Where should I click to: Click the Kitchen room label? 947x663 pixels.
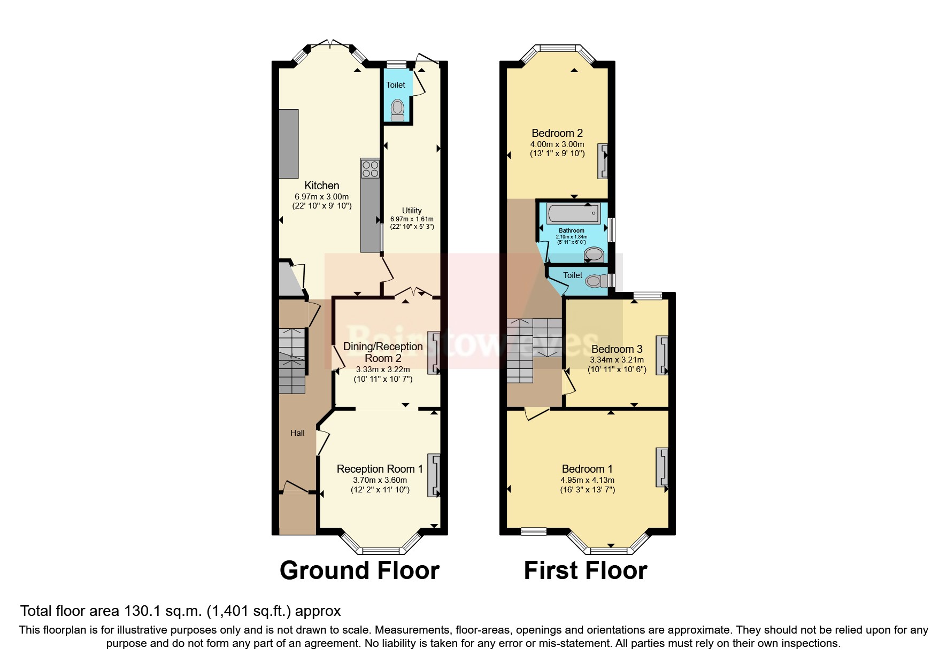pos(321,186)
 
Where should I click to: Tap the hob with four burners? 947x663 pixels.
pos(370,168)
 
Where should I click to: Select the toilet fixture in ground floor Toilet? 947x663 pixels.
pos(397,110)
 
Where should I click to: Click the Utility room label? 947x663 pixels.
pos(412,211)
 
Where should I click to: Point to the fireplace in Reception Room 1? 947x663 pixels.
pos(434,476)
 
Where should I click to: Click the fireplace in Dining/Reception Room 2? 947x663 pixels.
pos(434,353)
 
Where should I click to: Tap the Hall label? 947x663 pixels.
pos(297,433)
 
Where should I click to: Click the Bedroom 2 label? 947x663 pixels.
pos(557,133)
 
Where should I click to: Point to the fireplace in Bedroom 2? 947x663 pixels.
pos(603,160)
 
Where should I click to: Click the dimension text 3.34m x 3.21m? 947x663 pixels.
pos(617,360)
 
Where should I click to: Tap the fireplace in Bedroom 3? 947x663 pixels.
pos(662,355)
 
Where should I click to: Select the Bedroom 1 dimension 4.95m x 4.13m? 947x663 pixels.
pos(587,480)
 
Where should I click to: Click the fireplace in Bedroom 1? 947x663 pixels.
pos(662,467)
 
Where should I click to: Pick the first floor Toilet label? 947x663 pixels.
pos(573,275)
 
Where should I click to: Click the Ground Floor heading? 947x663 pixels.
pos(359,571)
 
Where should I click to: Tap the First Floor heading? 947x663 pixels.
pos(586,571)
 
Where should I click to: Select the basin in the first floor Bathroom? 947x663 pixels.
pos(592,253)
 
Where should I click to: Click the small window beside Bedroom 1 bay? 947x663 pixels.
pos(534,531)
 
